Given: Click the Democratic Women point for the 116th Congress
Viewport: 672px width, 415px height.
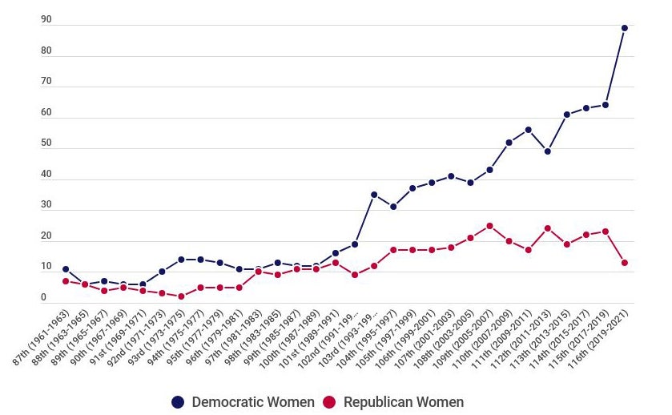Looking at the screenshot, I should pyautogui.click(x=625, y=28).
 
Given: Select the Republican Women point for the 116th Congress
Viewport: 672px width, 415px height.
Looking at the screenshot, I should pyautogui.click(x=625, y=263).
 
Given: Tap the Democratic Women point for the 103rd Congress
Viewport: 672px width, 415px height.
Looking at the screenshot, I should pyautogui.click(x=374, y=195).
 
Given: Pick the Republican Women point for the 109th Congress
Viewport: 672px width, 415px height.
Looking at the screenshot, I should pyautogui.click(x=489, y=226).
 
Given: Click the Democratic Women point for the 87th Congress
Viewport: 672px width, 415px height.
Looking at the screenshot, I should pyautogui.click(x=66, y=269).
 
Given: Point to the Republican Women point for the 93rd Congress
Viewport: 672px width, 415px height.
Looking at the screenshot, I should pyautogui.click(x=181, y=296).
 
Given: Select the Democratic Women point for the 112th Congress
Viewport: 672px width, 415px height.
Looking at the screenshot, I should pyautogui.click(x=548, y=151).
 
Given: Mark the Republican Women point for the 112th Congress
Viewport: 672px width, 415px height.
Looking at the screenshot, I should pyautogui.click(x=548, y=228).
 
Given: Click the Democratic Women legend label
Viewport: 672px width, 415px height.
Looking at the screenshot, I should pyautogui.click(x=252, y=402).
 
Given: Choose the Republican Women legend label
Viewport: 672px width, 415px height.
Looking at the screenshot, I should pyautogui.click(x=403, y=402).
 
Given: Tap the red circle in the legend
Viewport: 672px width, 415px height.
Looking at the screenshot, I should pyautogui.click(x=329, y=402).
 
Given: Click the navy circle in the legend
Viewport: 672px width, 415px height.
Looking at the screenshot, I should pyautogui.click(x=178, y=402).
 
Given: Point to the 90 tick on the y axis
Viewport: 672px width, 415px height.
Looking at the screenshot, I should pyautogui.click(x=46, y=20).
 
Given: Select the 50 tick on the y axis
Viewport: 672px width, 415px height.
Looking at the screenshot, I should pyautogui.click(x=46, y=143).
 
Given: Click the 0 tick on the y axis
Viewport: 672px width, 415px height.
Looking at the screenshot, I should pyautogui.click(x=44, y=298).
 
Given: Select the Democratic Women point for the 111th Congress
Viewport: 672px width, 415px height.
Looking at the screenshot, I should pyautogui.click(x=529, y=130).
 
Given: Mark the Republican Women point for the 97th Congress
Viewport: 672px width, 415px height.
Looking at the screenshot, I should pyautogui.click(x=258, y=272).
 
